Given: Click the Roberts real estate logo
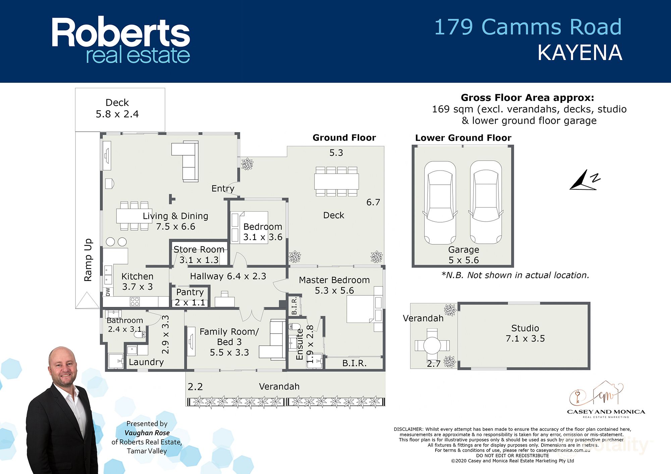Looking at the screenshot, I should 121,40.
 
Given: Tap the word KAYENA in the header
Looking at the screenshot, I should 579,53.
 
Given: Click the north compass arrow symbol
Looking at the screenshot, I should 584,181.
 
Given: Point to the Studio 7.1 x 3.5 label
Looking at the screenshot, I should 525,333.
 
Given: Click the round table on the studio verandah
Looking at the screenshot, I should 432,345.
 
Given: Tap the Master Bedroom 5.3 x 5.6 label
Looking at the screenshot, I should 334,285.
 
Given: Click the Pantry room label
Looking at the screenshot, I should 190,297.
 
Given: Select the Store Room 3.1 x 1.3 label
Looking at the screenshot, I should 199,254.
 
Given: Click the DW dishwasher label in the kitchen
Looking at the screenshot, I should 108,292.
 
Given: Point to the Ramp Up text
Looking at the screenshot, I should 88,260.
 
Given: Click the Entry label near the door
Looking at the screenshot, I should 223,188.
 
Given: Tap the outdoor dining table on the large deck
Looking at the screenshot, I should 337,181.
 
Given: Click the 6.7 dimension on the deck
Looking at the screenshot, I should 373,202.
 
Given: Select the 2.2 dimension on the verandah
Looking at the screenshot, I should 195,387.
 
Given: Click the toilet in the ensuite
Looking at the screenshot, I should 295,326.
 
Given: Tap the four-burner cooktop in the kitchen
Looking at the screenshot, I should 135,301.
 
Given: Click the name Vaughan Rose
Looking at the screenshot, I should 147,433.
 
